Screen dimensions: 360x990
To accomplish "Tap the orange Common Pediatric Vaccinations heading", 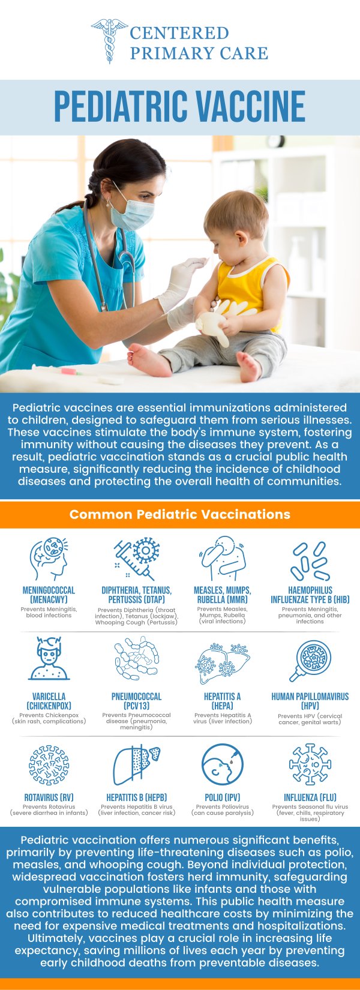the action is (180, 514).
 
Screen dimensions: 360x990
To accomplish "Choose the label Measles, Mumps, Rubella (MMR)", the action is (222, 595).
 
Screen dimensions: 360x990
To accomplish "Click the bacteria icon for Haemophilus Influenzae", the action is (311, 560).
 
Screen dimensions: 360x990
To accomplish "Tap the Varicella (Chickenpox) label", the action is (49, 701).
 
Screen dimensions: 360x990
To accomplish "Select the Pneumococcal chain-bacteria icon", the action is (136, 658).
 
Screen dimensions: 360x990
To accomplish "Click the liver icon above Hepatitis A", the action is (222, 661).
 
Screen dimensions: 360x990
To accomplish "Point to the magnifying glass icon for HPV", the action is (310, 661).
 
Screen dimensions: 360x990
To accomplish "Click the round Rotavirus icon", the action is (49, 765).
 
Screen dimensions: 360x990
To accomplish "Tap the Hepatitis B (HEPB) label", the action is (136, 797).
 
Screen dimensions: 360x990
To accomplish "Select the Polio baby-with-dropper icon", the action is (222, 764).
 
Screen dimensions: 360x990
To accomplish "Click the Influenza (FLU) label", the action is (310, 797).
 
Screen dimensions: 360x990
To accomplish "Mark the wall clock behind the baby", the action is (275, 142).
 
